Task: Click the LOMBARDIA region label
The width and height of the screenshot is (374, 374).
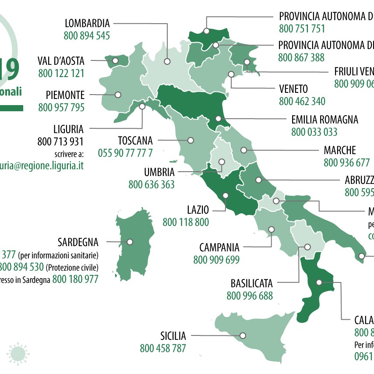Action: coord(87,23)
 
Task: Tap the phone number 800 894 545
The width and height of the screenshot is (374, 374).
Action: coord(87,36)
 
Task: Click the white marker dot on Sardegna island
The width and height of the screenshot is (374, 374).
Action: coord(130,241)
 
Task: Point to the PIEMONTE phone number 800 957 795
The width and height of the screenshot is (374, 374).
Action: coord(61,107)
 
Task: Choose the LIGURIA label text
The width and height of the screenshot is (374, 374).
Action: coord(67,129)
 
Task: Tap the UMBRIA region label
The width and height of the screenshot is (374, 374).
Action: coord(159,172)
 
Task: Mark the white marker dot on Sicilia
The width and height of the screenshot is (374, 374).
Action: coord(243,335)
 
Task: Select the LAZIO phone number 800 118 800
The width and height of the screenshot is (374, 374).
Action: coord(186,222)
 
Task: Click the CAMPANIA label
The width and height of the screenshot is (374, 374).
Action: coord(219,247)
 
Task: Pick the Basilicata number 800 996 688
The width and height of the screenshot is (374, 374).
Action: coord(250,296)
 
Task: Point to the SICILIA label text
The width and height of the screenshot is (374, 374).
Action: coord(173,336)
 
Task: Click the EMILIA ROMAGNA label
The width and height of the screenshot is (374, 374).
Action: coord(325,119)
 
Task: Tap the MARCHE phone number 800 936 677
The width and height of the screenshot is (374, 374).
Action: coord(347,163)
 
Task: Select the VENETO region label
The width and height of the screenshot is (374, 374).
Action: coord(293,89)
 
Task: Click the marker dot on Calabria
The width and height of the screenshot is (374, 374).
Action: coord(319,282)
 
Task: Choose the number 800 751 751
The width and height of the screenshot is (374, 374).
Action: coord(302,29)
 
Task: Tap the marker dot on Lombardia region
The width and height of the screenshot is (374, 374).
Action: coord(167,62)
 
